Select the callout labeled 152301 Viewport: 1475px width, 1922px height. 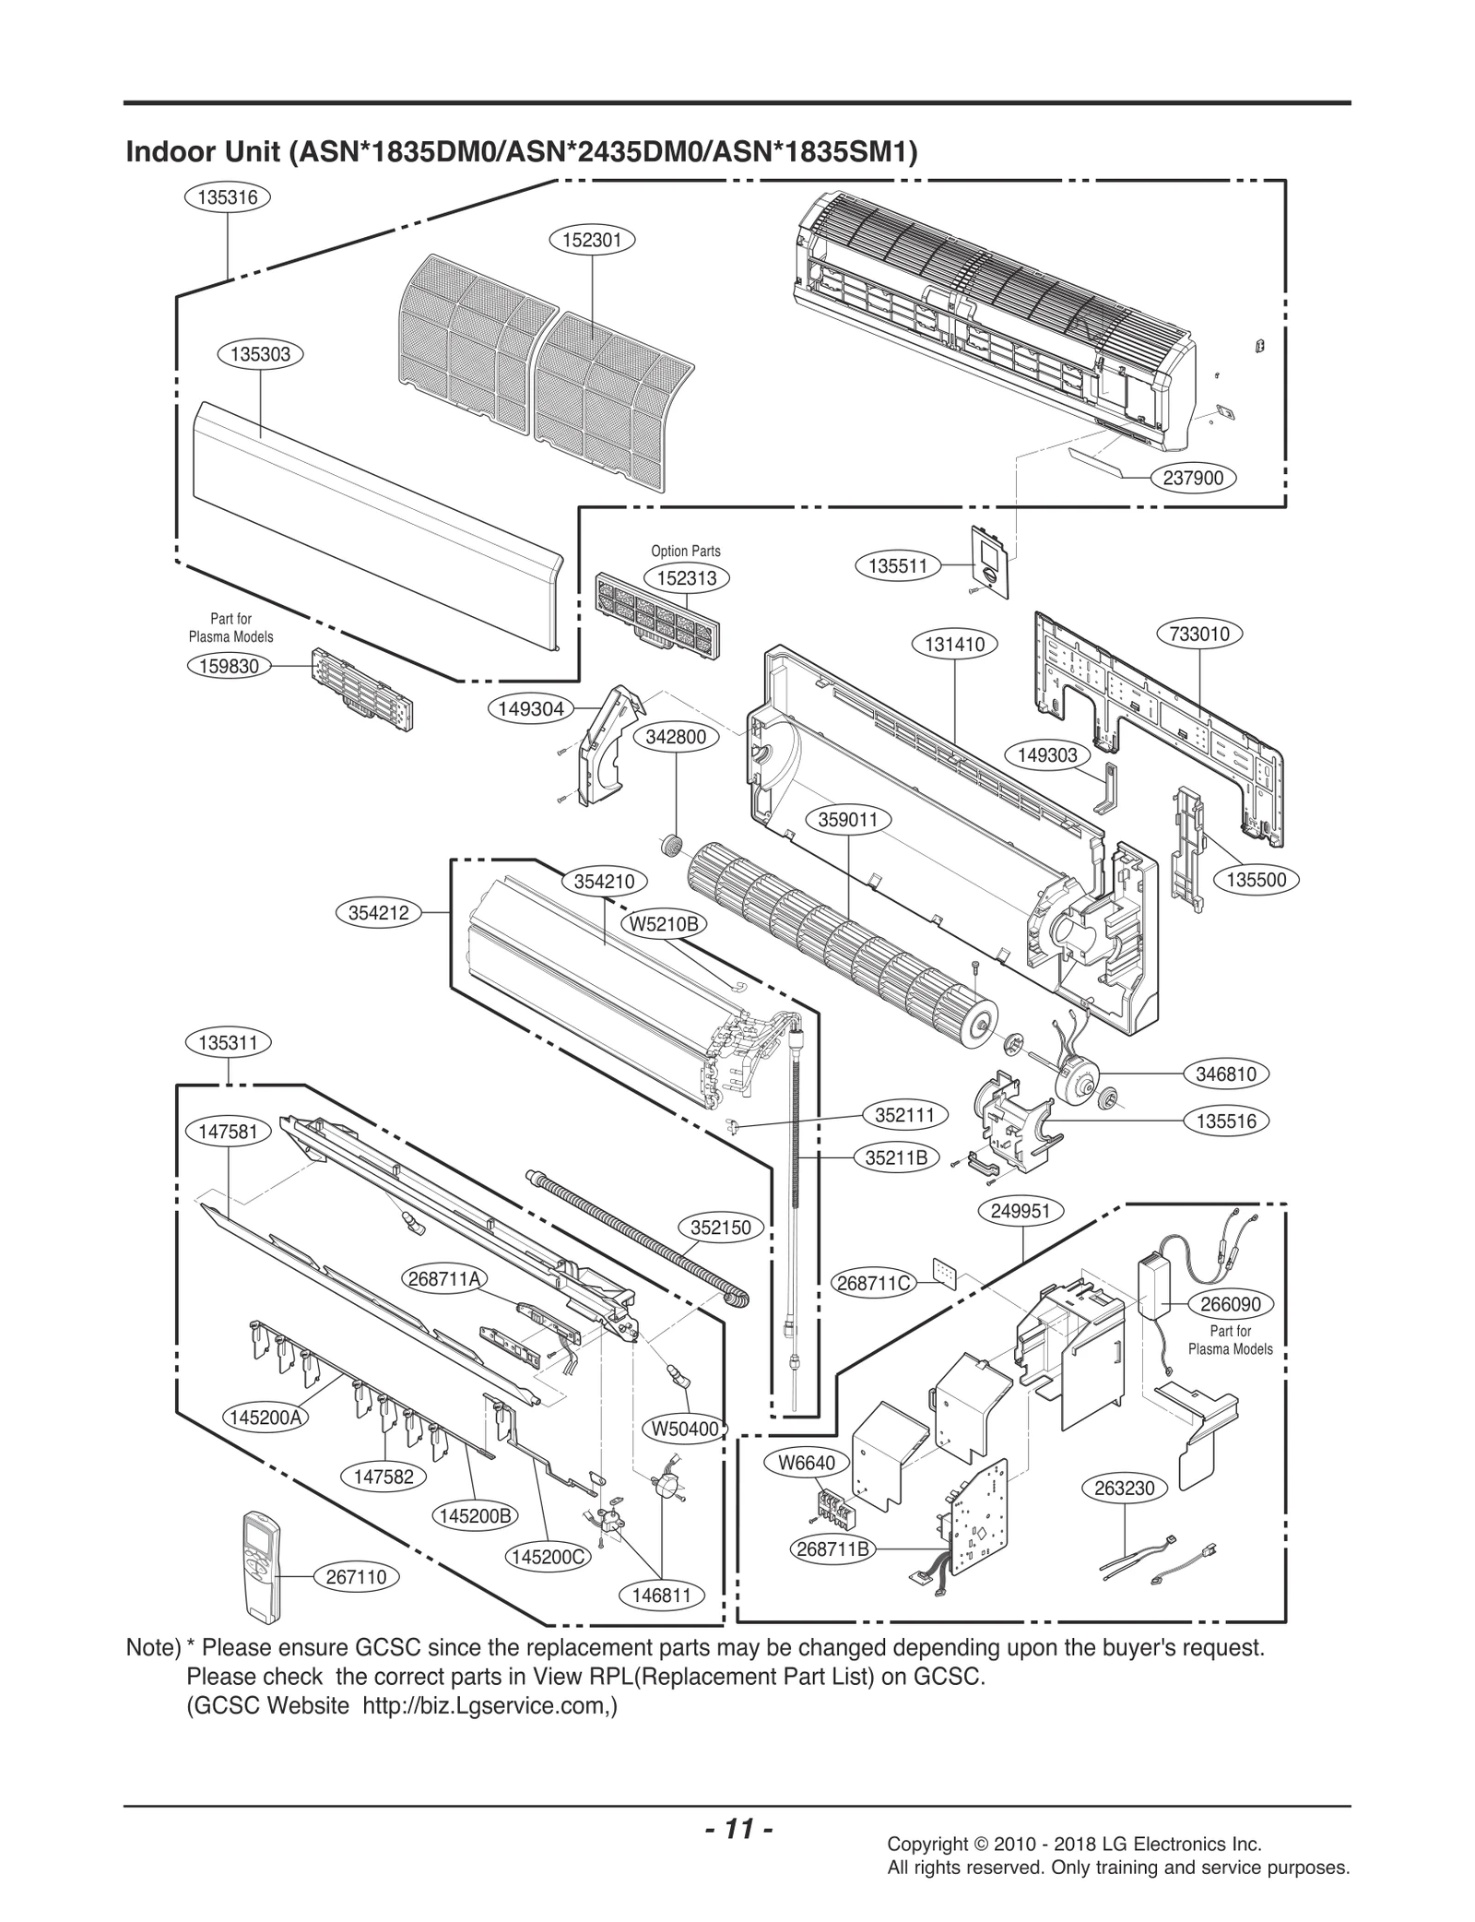(x=592, y=241)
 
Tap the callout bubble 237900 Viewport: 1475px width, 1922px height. (x=1194, y=478)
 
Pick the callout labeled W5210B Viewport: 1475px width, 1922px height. (x=663, y=923)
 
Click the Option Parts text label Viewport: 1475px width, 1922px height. (x=686, y=551)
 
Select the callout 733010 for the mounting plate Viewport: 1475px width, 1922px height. (x=1198, y=635)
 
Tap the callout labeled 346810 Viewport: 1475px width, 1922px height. (x=1226, y=1074)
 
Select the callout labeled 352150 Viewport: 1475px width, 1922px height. (x=721, y=1228)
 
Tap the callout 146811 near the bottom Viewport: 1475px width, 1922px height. (x=662, y=1595)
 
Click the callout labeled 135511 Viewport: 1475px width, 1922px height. (x=897, y=565)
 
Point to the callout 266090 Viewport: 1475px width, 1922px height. (x=1231, y=1304)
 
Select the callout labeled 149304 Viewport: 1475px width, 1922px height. (x=531, y=708)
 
